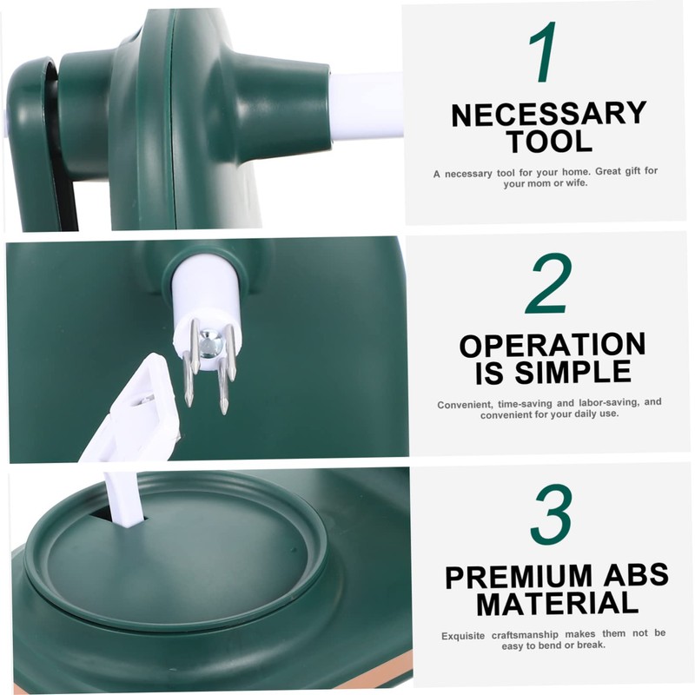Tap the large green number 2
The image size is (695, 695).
click(548, 283)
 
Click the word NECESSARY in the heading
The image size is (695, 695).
click(549, 115)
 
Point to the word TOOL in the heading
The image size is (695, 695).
click(549, 141)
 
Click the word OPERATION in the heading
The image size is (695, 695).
click(553, 346)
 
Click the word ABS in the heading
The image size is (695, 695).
click(637, 576)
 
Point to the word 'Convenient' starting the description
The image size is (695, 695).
click(465, 404)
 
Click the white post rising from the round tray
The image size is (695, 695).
click(122, 500)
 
